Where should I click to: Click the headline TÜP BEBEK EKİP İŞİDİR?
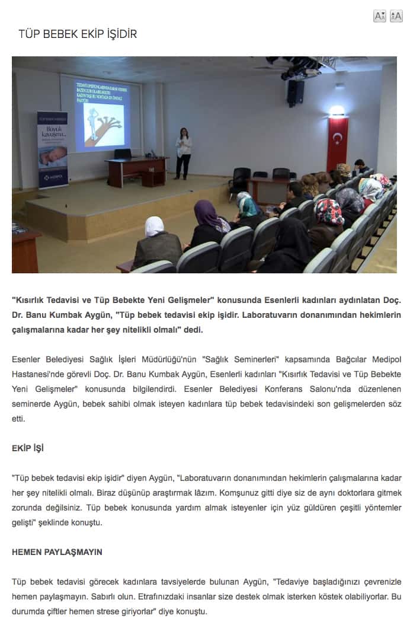[x=78, y=34]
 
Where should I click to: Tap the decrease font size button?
[x=380, y=16]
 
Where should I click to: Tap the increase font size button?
[x=396, y=16]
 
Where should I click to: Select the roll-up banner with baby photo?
[x=53, y=149]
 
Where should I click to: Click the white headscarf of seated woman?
[x=155, y=226]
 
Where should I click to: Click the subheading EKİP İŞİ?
[x=27, y=448]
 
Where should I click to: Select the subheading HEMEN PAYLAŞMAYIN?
[x=57, y=552]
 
